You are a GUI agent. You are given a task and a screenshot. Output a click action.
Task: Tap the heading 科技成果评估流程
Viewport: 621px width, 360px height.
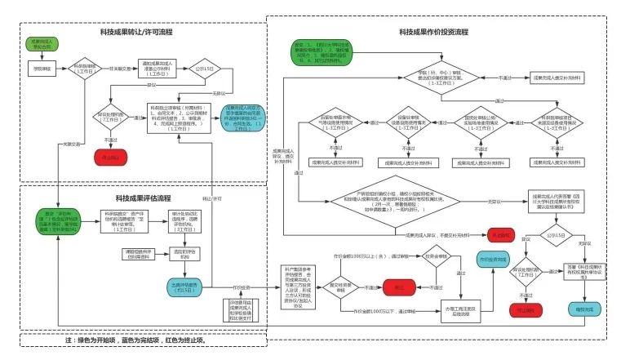pyautogui.click(x=143, y=198)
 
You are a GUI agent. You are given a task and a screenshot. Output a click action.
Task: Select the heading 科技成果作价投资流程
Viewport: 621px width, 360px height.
pyautogui.click(x=433, y=32)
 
